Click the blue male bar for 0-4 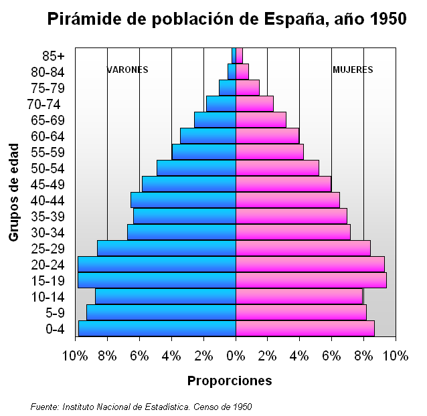click(x=157, y=328)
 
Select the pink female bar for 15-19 click(x=311, y=280)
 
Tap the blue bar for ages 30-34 click(x=181, y=232)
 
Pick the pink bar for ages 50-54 click(x=277, y=168)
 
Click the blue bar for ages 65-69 click(x=215, y=120)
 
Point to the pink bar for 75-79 click(x=247, y=88)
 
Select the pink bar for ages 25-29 click(x=303, y=248)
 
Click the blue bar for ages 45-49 click(x=189, y=184)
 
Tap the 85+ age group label click(x=53, y=56)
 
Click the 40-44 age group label click(x=48, y=201)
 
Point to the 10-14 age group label click(x=48, y=297)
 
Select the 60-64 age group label click(x=48, y=136)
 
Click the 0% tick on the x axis click(x=236, y=356)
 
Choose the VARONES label click(x=128, y=70)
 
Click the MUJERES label click(x=353, y=70)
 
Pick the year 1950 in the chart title click(x=388, y=19)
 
